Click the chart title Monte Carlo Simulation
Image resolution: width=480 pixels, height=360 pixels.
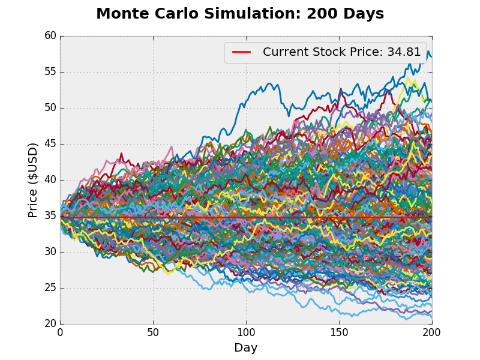(x=199, y=14)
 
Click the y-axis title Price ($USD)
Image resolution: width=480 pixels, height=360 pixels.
(x=33, y=180)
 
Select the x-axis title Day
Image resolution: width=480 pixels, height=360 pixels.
(x=245, y=348)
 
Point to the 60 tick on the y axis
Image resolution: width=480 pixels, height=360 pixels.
(x=50, y=36)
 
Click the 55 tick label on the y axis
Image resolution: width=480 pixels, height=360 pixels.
(x=50, y=72)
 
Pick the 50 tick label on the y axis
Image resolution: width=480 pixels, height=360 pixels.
(x=50, y=108)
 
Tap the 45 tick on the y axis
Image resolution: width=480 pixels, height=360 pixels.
(x=50, y=144)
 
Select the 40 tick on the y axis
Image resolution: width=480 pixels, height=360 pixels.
(x=50, y=180)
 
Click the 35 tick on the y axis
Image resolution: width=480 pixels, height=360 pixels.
(x=50, y=216)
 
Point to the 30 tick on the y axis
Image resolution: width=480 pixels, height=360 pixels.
(x=50, y=252)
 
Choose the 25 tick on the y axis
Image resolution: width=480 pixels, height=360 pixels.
(x=50, y=288)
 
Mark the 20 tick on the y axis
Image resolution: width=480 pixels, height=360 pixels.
(x=50, y=324)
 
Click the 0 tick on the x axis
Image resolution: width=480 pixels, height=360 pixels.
(x=60, y=332)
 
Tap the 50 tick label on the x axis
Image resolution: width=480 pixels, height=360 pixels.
(x=153, y=332)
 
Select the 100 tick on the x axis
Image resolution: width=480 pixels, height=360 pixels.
(x=246, y=332)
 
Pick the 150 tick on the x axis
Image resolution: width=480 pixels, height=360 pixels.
(x=339, y=332)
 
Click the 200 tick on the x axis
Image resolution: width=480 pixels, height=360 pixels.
(x=432, y=332)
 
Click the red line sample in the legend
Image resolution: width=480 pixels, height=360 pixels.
(x=241, y=52)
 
